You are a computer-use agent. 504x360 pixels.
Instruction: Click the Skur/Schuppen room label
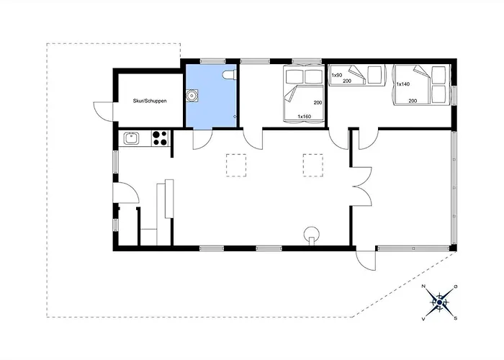coord(150,101)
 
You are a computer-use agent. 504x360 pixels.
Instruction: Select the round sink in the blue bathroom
coord(192,96)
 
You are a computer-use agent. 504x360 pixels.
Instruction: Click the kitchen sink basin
coord(132,138)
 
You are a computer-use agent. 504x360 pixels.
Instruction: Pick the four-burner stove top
coord(160,138)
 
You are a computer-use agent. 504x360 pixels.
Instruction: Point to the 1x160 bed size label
coord(304,117)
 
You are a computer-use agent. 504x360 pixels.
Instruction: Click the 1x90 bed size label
coord(337,75)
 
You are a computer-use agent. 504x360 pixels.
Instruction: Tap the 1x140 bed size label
coord(403,84)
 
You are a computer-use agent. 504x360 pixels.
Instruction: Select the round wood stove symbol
coord(312,234)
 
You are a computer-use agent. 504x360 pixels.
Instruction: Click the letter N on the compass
coord(423,286)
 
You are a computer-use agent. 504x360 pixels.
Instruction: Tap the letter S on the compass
coord(456,318)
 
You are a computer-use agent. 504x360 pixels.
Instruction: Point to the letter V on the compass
coord(423,319)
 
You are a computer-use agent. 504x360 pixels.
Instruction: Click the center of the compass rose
coord(439,302)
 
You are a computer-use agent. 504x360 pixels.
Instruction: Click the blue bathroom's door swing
coord(202,140)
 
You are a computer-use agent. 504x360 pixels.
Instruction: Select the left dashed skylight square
coord(236,165)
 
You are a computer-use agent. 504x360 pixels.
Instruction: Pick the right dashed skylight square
coord(313,165)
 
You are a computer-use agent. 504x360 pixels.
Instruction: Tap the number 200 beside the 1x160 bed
coord(318,103)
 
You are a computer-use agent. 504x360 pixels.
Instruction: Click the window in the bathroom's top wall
coord(213,61)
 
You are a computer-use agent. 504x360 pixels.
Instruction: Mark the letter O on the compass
coord(456,287)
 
